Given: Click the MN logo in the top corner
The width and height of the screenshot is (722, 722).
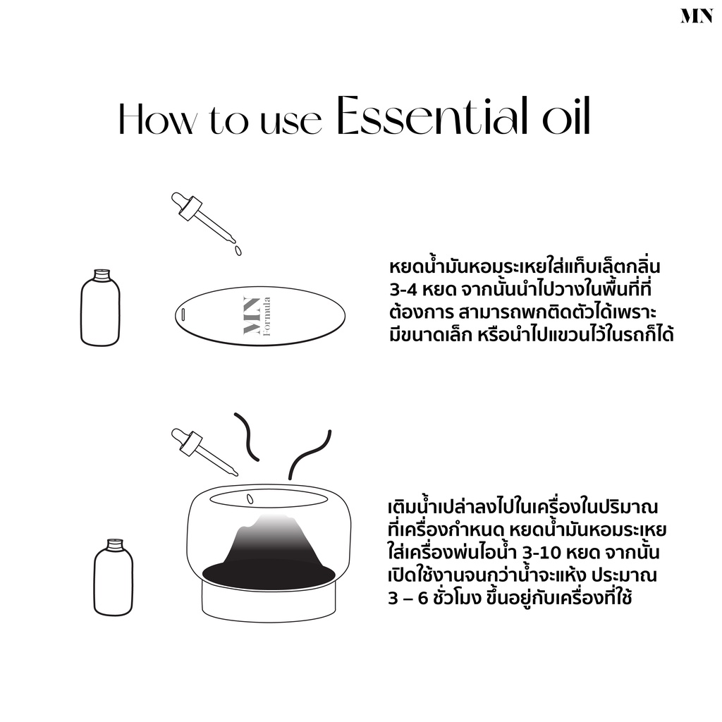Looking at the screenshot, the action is pyautogui.click(x=697, y=16).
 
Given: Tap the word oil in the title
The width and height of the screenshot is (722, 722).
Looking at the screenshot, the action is pyautogui.click(x=566, y=116).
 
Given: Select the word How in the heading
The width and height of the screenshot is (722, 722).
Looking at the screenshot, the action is pyautogui.click(x=157, y=119).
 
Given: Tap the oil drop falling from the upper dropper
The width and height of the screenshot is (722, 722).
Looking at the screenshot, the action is pyautogui.click(x=238, y=250).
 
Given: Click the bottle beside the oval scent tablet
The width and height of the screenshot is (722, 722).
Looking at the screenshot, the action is pyautogui.click(x=100, y=307).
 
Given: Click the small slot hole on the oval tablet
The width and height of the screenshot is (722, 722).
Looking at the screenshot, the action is pyautogui.click(x=183, y=315).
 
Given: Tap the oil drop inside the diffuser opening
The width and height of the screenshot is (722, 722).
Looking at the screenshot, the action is pyautogui.click(x=250, y=498).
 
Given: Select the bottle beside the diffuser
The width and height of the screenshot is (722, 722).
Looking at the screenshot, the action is pyautogui.click(x=114, y=577).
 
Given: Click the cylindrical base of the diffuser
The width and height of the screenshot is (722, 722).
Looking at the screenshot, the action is pyautogui.click(x=269, y=600).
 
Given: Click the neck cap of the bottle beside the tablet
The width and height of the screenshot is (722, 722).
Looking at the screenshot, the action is pyautogui.click(x=102, y=275).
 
